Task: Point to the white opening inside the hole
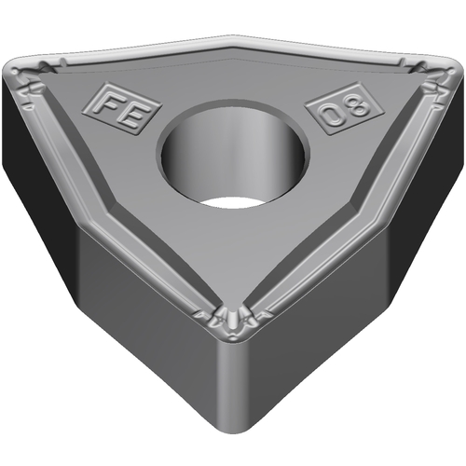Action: click(228, 202)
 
